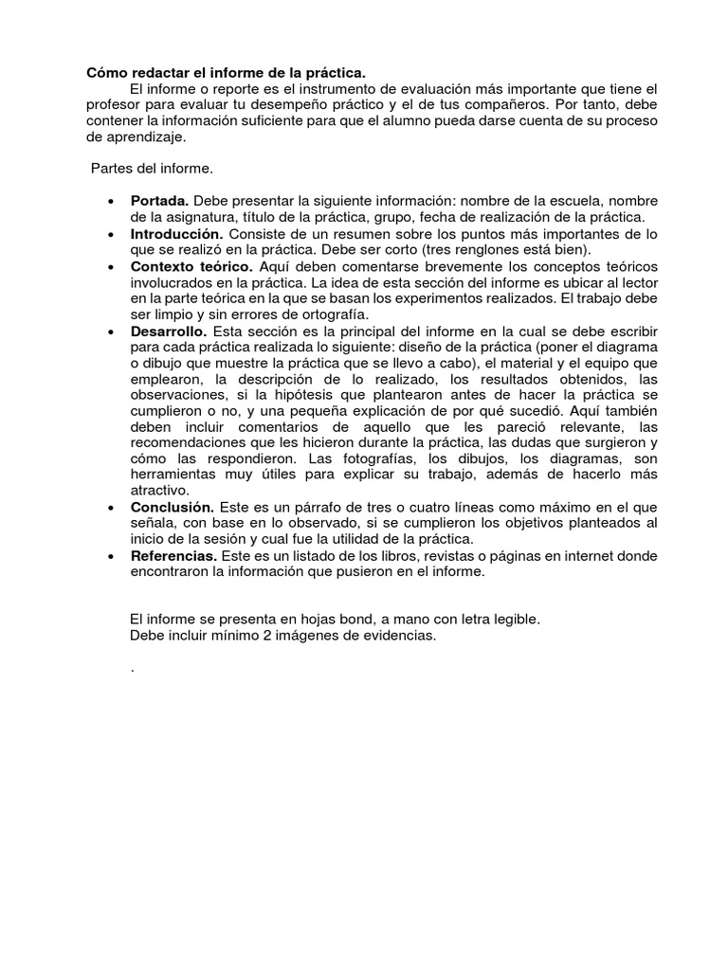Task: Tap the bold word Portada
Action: click(x=160, y=201)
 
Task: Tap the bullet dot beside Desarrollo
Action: click(x=112, y=332)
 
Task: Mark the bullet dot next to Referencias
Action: click(x=112, y=556)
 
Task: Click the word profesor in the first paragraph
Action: click(x=114, y=104)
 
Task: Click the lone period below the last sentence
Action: click(x=132, y=669)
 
